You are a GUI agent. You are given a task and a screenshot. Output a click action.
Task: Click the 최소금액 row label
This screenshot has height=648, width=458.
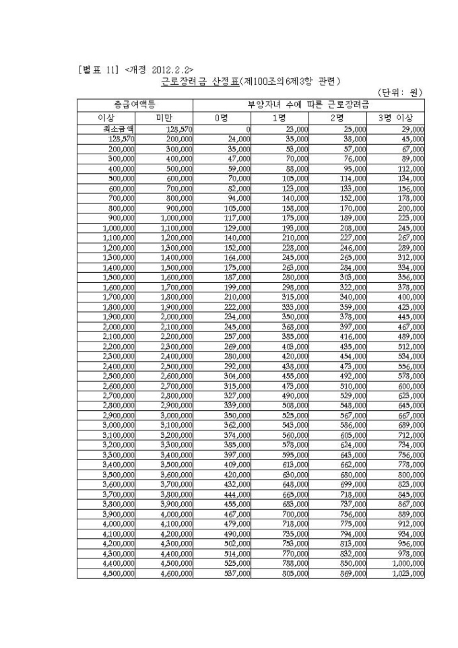(106, 128)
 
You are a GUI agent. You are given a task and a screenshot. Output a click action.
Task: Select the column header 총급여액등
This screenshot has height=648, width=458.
(135, 105)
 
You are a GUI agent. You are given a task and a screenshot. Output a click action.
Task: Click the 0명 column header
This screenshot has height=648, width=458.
(222, 117)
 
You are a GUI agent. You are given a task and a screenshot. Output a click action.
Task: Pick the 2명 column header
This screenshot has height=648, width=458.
(338, 117)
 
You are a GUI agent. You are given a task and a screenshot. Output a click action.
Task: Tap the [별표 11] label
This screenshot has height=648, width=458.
(98, 69)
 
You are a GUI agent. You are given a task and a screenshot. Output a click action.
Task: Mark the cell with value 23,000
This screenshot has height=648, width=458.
(297, 128)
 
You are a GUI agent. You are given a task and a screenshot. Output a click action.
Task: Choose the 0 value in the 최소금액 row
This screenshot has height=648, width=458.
(248, 128)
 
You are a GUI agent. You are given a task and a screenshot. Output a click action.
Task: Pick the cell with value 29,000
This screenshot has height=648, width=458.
(412, 128)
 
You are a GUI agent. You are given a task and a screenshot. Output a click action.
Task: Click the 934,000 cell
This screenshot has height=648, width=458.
(411, 534)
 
